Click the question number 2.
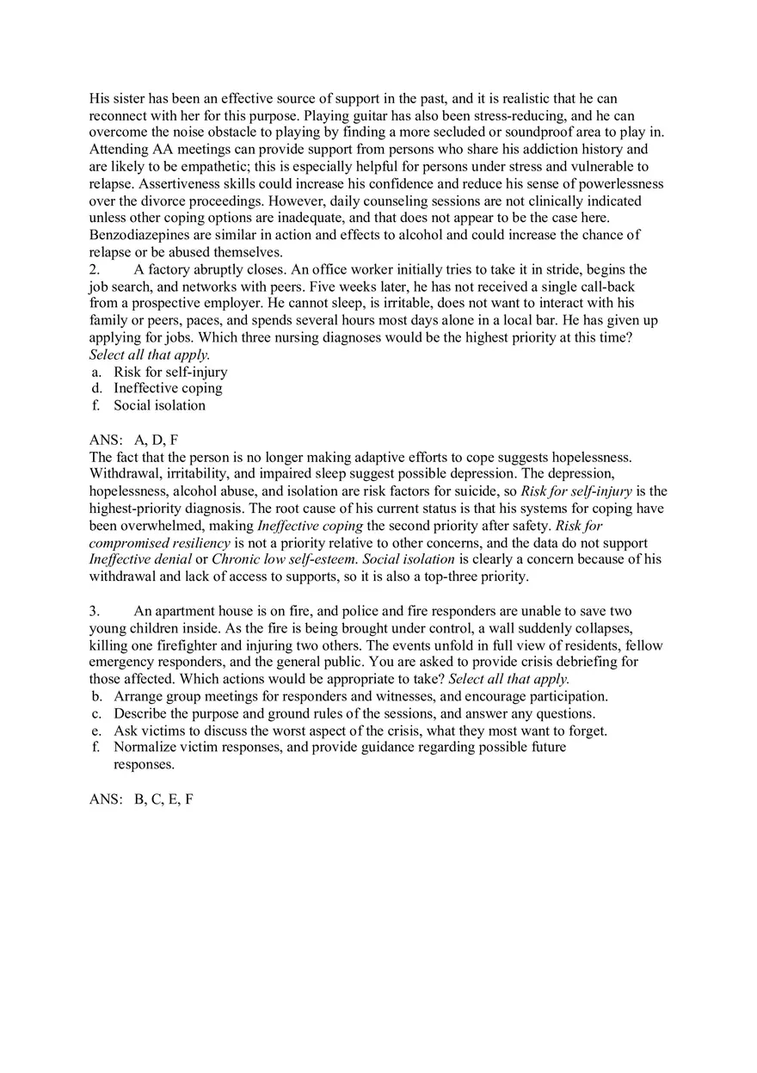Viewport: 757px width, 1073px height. click(94, 269)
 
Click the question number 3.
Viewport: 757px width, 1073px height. click(94, 611)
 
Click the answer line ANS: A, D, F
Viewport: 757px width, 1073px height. click(133, 440)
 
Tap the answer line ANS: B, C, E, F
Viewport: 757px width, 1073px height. click(141, 799)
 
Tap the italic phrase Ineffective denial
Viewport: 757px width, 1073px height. click(140, 559)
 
